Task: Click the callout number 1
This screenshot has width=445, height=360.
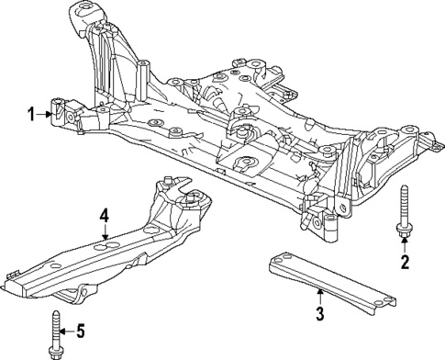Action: coord(31,114)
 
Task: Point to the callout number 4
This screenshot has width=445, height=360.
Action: coord(105,217)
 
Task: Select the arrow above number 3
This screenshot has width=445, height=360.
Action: coord(319,297)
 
